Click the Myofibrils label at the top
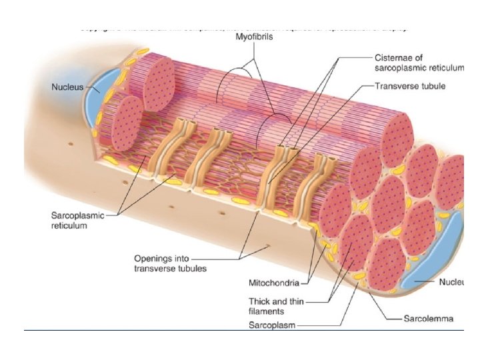point(254,38)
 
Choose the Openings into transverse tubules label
point(170,263)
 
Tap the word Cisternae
point(394,58)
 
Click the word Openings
point(153,259)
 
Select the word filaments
point(267,311)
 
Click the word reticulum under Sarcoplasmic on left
point(69,226)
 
